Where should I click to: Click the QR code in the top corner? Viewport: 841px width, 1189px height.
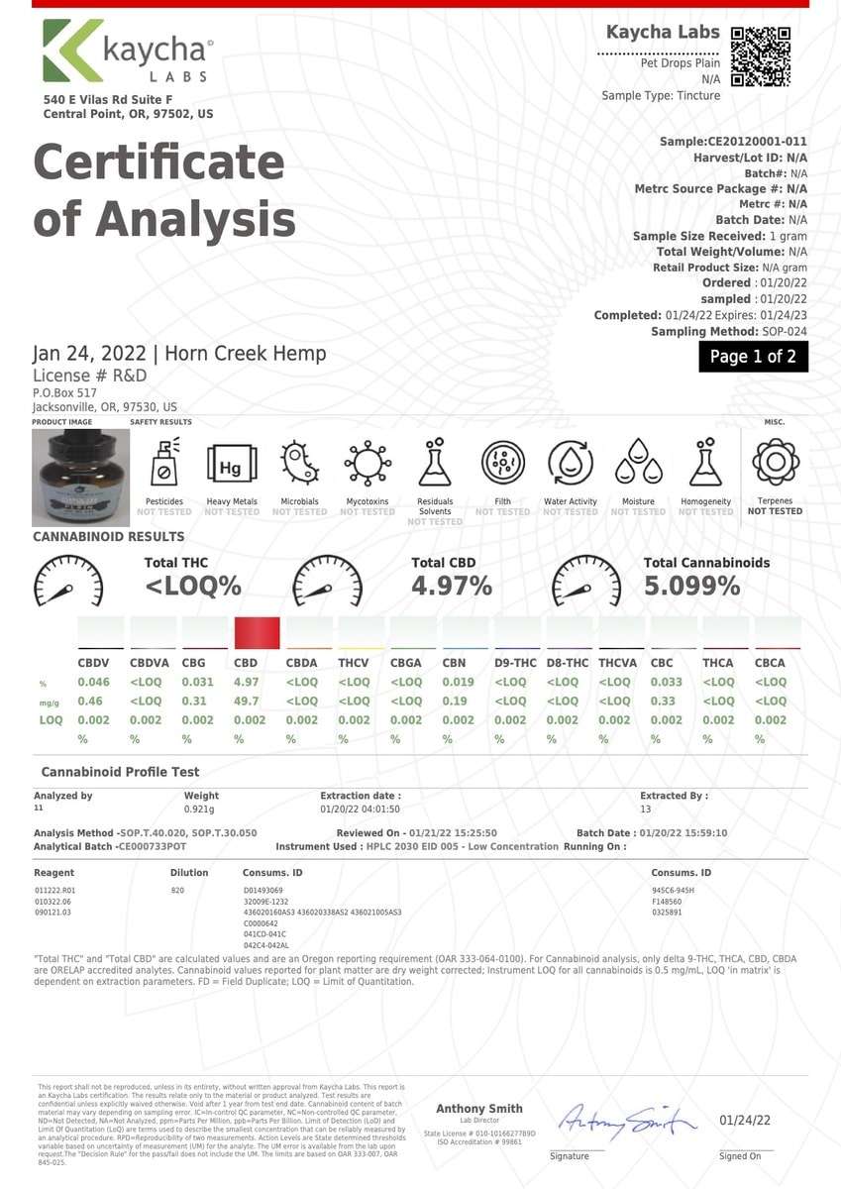(761, 56)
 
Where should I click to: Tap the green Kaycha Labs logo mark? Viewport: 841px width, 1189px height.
(71, 52)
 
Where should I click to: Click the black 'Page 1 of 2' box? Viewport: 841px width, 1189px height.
(753, 357)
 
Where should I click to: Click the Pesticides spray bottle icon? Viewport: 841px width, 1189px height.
(164, 463)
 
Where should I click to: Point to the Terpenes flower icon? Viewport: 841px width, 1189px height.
(775, 462)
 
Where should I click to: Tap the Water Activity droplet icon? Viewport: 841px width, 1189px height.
(571, 463)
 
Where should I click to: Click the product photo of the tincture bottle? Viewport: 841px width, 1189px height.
(73, 473)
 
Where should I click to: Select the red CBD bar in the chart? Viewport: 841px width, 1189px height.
(258, 632)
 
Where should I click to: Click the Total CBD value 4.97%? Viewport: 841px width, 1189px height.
(452, 587)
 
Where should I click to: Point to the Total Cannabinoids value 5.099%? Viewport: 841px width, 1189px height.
(691, 587)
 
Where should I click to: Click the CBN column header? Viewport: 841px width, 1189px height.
(454, 663)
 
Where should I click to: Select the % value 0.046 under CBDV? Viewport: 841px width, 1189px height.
(93, 682)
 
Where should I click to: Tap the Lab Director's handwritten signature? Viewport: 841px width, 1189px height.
(626, 1122)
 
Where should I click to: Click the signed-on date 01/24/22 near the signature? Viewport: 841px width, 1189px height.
(745, 1120)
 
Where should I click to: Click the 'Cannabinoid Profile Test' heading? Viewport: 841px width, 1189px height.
(120, 772)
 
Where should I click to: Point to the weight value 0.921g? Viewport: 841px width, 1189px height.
(200, 810)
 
